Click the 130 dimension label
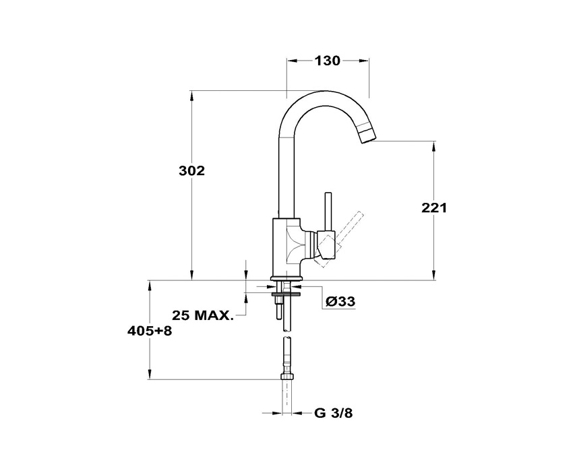(x=328, y=61)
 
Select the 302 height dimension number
(x=191, y=170)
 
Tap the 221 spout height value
(x=434, y=208)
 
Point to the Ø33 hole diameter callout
(x=340, y=301)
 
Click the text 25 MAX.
(x=202, y=315)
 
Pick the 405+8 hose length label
(x=150, y=331)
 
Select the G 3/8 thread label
(x=333, y=413)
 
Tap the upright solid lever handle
(x=328, y=212)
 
